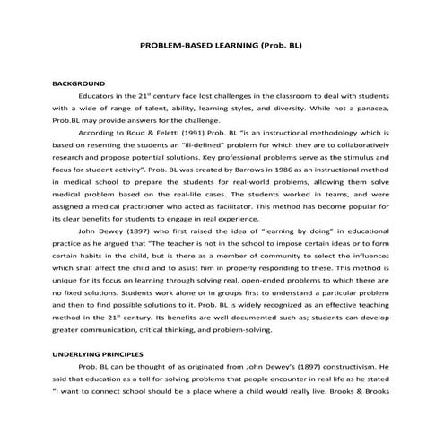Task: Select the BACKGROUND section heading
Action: [x=80, y=81]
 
